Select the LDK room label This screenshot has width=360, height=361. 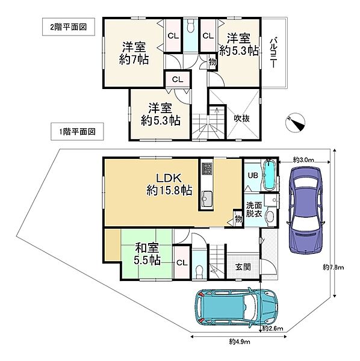tap(167, 184)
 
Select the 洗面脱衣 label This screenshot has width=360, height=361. tap(253, 209)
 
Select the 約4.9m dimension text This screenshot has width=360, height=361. tap(240, 341)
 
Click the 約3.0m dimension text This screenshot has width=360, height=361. tap(303, 159)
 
